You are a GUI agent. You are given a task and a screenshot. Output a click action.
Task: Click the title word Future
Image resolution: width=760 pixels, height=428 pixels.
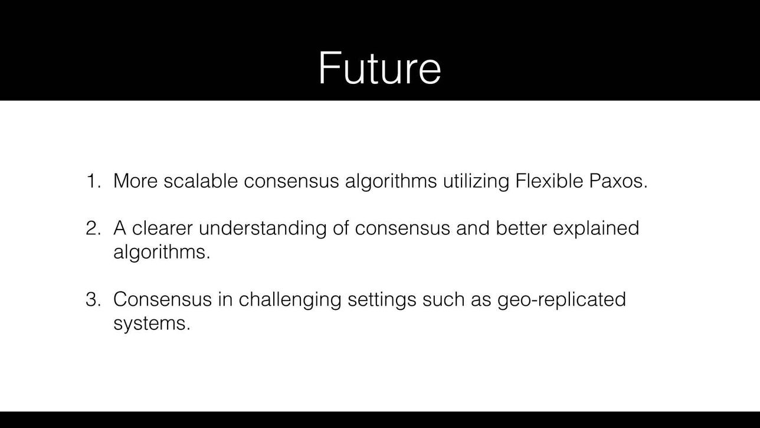tap(379, 68)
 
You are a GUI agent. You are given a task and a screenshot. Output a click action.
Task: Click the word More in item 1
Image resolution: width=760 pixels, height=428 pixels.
tap(135, 181)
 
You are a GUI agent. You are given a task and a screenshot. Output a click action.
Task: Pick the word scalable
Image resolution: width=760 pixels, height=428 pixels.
tap(201, 180)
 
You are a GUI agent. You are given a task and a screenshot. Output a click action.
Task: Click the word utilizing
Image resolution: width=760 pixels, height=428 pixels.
tap(476, 181)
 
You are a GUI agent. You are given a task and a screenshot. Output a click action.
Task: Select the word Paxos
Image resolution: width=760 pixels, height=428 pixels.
tap(618, 181)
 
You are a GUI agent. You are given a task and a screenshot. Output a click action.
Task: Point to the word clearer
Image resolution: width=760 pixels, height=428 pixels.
tap(162, 227)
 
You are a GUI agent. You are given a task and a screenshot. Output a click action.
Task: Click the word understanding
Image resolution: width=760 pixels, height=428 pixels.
tap(263, 228)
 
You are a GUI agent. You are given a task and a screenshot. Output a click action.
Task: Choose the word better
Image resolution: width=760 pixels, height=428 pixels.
tap(521, 227)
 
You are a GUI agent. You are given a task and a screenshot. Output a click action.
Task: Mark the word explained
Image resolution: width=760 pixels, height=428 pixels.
tap(596, 228)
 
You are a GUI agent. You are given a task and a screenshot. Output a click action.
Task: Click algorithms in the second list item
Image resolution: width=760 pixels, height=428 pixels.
tap(162, 252)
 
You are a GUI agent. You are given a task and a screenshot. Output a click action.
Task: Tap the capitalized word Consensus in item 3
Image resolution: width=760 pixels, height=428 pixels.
tap(162, 299)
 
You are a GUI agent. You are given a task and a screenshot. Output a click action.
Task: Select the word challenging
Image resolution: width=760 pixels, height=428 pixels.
tap(290, 300)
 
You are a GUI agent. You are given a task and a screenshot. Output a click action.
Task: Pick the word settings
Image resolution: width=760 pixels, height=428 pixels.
tap(382, 300)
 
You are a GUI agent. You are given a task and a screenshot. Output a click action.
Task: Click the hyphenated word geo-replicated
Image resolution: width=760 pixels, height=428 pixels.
tap(562, 300)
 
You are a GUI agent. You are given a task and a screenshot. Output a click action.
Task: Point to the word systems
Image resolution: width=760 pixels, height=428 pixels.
tap(152, 323)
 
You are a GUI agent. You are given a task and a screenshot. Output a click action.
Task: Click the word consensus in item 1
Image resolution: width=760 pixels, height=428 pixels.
tap(291, 181)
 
